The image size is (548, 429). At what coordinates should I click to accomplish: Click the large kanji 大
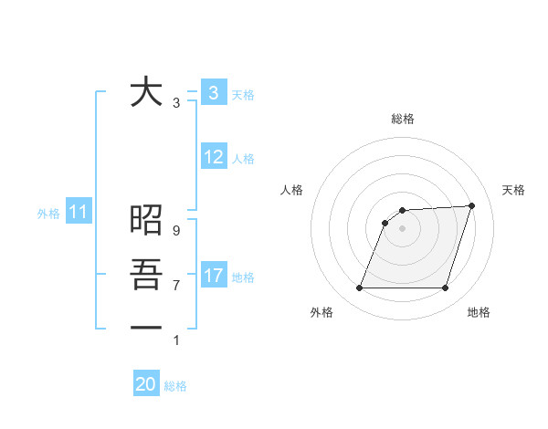[146, 93]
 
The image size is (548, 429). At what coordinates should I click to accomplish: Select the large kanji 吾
[146, 274]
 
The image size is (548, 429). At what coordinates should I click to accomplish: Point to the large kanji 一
[146, 326]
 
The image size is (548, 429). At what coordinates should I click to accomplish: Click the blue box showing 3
[213, 92]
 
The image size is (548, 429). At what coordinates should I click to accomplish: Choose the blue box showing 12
[213, 157]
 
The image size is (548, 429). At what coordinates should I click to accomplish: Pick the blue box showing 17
[213, 275]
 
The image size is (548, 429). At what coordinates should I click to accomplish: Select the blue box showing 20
[146, 384]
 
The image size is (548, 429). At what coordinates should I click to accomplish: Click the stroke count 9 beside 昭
[176, 232]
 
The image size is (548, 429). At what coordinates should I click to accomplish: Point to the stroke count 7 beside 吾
[176, 286]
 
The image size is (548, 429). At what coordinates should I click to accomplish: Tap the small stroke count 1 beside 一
[176, 340]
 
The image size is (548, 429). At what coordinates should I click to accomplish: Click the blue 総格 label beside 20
[175, 386]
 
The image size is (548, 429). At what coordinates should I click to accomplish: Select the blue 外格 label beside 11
[48, 214]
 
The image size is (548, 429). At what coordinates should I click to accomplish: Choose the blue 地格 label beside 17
[243, 277]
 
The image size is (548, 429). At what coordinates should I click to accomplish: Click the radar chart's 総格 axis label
[402, 119]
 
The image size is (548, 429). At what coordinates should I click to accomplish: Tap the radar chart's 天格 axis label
[513, 190]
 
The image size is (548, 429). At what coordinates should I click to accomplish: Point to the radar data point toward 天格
[472, 205]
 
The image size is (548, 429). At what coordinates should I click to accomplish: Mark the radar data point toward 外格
[360, 288]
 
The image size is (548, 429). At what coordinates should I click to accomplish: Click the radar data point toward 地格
[445, 288]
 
